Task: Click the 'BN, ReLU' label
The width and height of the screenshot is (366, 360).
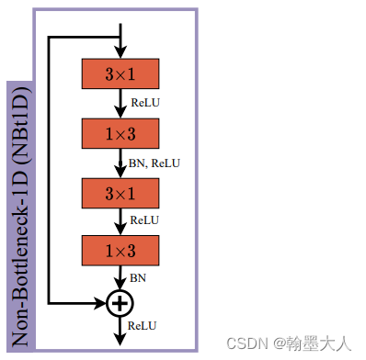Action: click(154, 163)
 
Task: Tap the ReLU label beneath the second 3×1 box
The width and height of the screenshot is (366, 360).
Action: click(145, 219)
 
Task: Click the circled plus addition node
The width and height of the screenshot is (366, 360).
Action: click(120, 301)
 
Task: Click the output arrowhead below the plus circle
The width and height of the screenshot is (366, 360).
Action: click(120, 340)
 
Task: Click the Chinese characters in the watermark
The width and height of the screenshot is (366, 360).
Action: click(322, 343)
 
